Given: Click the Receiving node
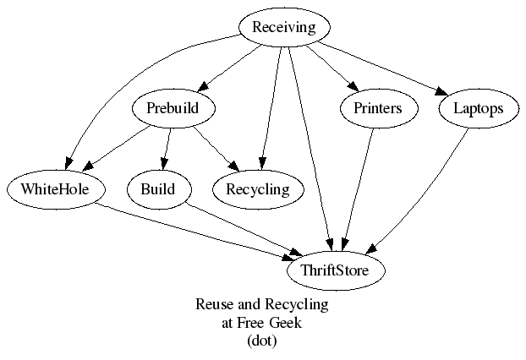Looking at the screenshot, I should [x=284, y=27].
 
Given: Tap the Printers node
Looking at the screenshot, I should [x=371, y=108].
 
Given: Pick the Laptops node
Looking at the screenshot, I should [x=478, y=108].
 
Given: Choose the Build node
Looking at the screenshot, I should [x=158, y=188].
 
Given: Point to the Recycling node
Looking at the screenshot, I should [x=257, y=188].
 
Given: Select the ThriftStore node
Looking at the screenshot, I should [x=337, y=270].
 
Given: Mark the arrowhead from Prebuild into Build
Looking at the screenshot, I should [x=162, y=166].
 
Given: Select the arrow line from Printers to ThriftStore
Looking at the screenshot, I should [x=358, y=186].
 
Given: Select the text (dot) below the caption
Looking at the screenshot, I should [x=262, y=341].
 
